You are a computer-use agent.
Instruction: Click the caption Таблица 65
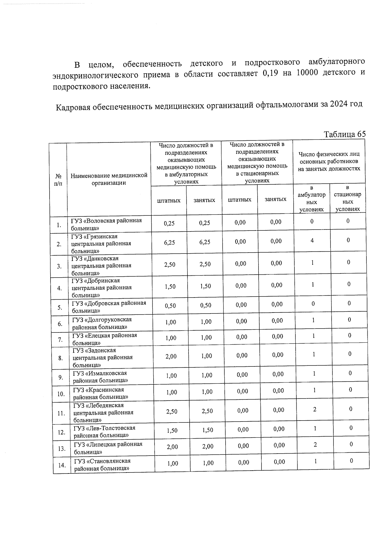click(344, 134)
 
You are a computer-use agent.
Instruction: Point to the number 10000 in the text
click(307, 73)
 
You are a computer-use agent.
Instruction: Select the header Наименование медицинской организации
click(109, 179)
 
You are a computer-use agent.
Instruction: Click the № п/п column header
click(58, 180)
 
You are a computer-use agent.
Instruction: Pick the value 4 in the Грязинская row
click(312, 240)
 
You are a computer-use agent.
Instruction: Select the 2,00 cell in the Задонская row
click(171, 356)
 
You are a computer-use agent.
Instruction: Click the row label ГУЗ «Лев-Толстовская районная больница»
click(104, 431)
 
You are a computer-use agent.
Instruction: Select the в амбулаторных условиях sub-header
click(311, 198)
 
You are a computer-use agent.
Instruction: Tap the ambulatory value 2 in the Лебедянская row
click(315, 409)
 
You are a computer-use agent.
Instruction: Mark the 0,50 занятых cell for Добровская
click(206, 305)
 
